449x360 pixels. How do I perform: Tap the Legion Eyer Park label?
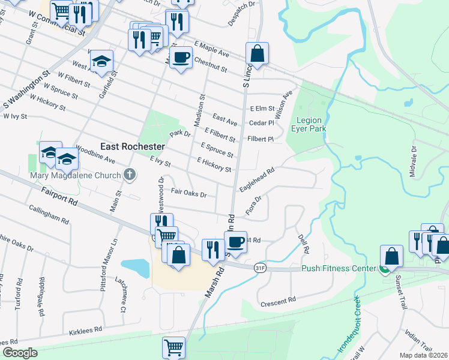tap(308, 124)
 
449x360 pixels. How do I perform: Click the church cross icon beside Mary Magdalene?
tap(128, 175)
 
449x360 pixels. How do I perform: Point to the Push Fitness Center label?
tap(339, 269)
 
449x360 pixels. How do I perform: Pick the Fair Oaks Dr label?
tap(188, 193)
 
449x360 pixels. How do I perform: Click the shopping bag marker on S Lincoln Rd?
tap(257, 54)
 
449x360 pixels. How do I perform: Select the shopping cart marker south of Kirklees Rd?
tap(173, 347)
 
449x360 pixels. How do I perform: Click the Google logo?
tap(20, 353)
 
